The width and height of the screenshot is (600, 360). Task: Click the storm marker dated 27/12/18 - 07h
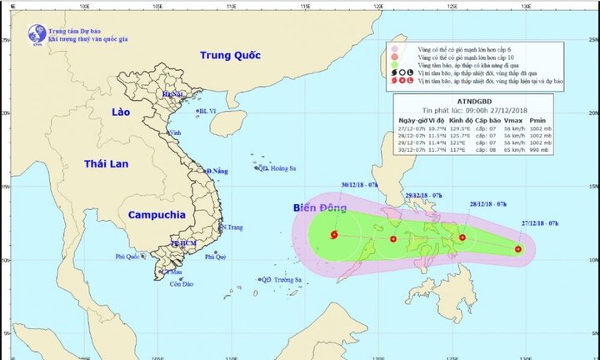(518, 248)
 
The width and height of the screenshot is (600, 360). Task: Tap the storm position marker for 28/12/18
(462, 237)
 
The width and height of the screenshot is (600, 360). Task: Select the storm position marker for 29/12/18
(393, 240)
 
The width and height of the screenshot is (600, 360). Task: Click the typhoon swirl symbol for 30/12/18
(334, 235)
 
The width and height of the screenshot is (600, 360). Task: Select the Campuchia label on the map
(157, 214)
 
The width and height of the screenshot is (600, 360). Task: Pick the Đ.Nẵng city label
(217, 171)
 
